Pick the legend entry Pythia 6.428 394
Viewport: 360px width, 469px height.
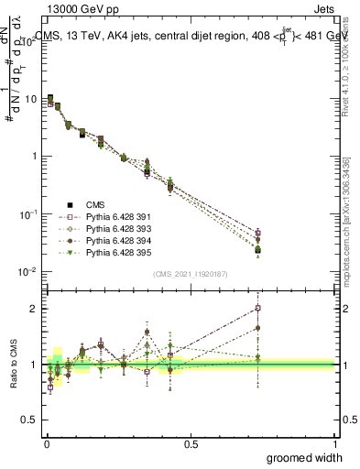100,240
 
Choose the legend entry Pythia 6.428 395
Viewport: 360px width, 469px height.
100,252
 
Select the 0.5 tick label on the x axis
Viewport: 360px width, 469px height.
191,443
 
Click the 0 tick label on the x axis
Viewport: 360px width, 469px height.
46,443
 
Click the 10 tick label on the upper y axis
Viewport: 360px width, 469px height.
30,98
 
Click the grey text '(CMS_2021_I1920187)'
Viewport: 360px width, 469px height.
190,273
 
